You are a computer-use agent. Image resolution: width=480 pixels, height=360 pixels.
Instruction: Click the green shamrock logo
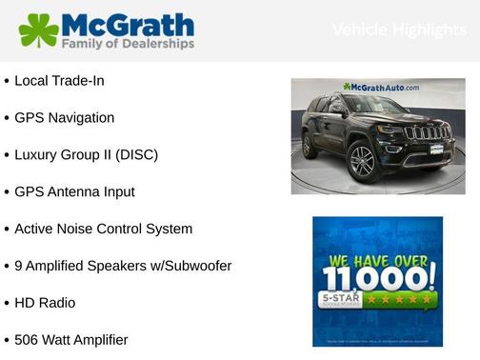38,30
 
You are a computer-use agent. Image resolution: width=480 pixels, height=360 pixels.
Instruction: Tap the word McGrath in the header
128,24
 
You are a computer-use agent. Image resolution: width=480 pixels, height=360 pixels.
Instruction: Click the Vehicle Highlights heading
399,30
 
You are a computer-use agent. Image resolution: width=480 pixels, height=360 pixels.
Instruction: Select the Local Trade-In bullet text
59,81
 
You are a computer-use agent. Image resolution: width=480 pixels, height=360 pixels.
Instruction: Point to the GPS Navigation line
64,118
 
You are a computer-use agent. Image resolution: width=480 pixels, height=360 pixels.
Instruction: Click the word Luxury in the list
39,154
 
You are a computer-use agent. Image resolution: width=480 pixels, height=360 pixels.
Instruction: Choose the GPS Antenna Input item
74,191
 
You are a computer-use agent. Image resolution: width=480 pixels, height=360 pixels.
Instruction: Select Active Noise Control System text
103,229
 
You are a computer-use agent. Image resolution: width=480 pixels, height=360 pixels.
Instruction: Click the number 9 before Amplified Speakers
19,266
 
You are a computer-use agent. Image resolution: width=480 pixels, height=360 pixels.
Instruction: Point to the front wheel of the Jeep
362,161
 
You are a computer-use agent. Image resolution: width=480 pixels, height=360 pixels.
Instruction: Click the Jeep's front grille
426,133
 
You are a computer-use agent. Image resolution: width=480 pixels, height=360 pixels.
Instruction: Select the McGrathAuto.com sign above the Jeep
381,87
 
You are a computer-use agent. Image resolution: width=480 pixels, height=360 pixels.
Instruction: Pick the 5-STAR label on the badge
337,300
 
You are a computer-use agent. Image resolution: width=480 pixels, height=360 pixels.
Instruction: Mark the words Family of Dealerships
128,44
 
